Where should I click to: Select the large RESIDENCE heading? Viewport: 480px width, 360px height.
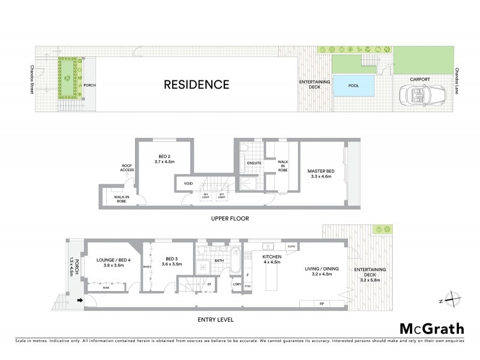[197, 85]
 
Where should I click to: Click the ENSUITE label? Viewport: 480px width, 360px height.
[254, 162]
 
